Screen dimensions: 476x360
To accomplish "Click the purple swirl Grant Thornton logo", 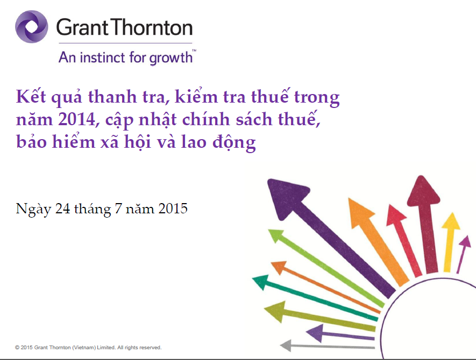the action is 32,27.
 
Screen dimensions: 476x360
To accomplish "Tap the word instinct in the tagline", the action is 102,57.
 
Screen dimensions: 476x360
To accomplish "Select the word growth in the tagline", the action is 171,58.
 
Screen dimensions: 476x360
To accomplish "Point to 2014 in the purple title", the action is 77,119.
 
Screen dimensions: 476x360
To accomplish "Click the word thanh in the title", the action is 112,97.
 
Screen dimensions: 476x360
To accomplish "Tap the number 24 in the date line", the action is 62,208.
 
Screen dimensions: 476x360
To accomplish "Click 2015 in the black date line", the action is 173,208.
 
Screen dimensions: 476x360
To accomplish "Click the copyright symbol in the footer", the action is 17,348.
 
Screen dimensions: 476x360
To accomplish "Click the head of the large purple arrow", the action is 286,197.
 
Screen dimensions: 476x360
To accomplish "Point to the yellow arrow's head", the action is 451,221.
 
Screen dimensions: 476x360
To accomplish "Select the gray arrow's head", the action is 286,345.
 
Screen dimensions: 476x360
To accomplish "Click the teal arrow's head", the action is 261,282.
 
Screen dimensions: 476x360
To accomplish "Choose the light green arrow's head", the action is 275,236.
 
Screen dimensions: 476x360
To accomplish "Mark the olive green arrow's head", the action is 275,311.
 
